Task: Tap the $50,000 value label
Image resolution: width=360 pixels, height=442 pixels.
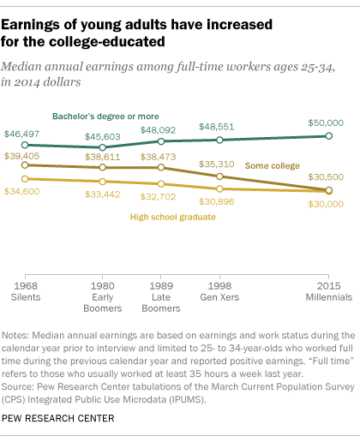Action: point(325,123)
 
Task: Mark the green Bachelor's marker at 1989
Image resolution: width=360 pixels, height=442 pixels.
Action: point(161,141)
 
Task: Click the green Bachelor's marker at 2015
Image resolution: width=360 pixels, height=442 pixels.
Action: point(330,136)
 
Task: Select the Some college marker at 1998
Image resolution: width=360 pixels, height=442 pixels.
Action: point(219,176)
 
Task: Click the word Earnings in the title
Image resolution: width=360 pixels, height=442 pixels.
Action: point(44,20)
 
